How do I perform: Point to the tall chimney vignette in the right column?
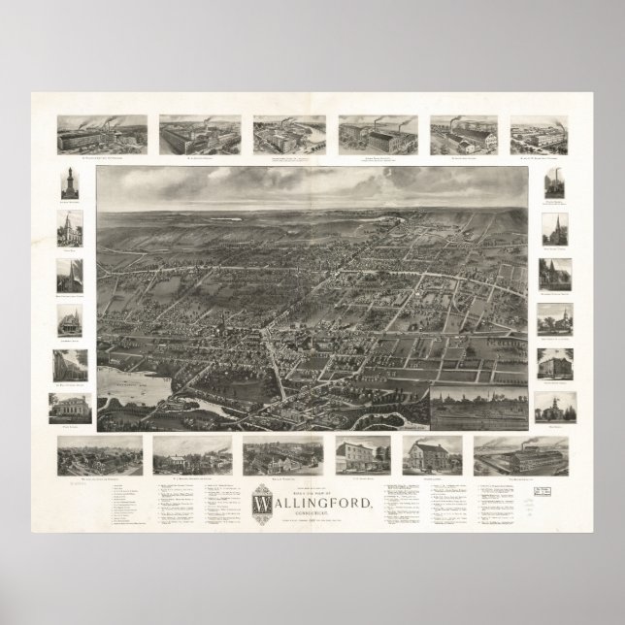[555, 184]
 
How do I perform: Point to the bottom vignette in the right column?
[555, 407]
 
